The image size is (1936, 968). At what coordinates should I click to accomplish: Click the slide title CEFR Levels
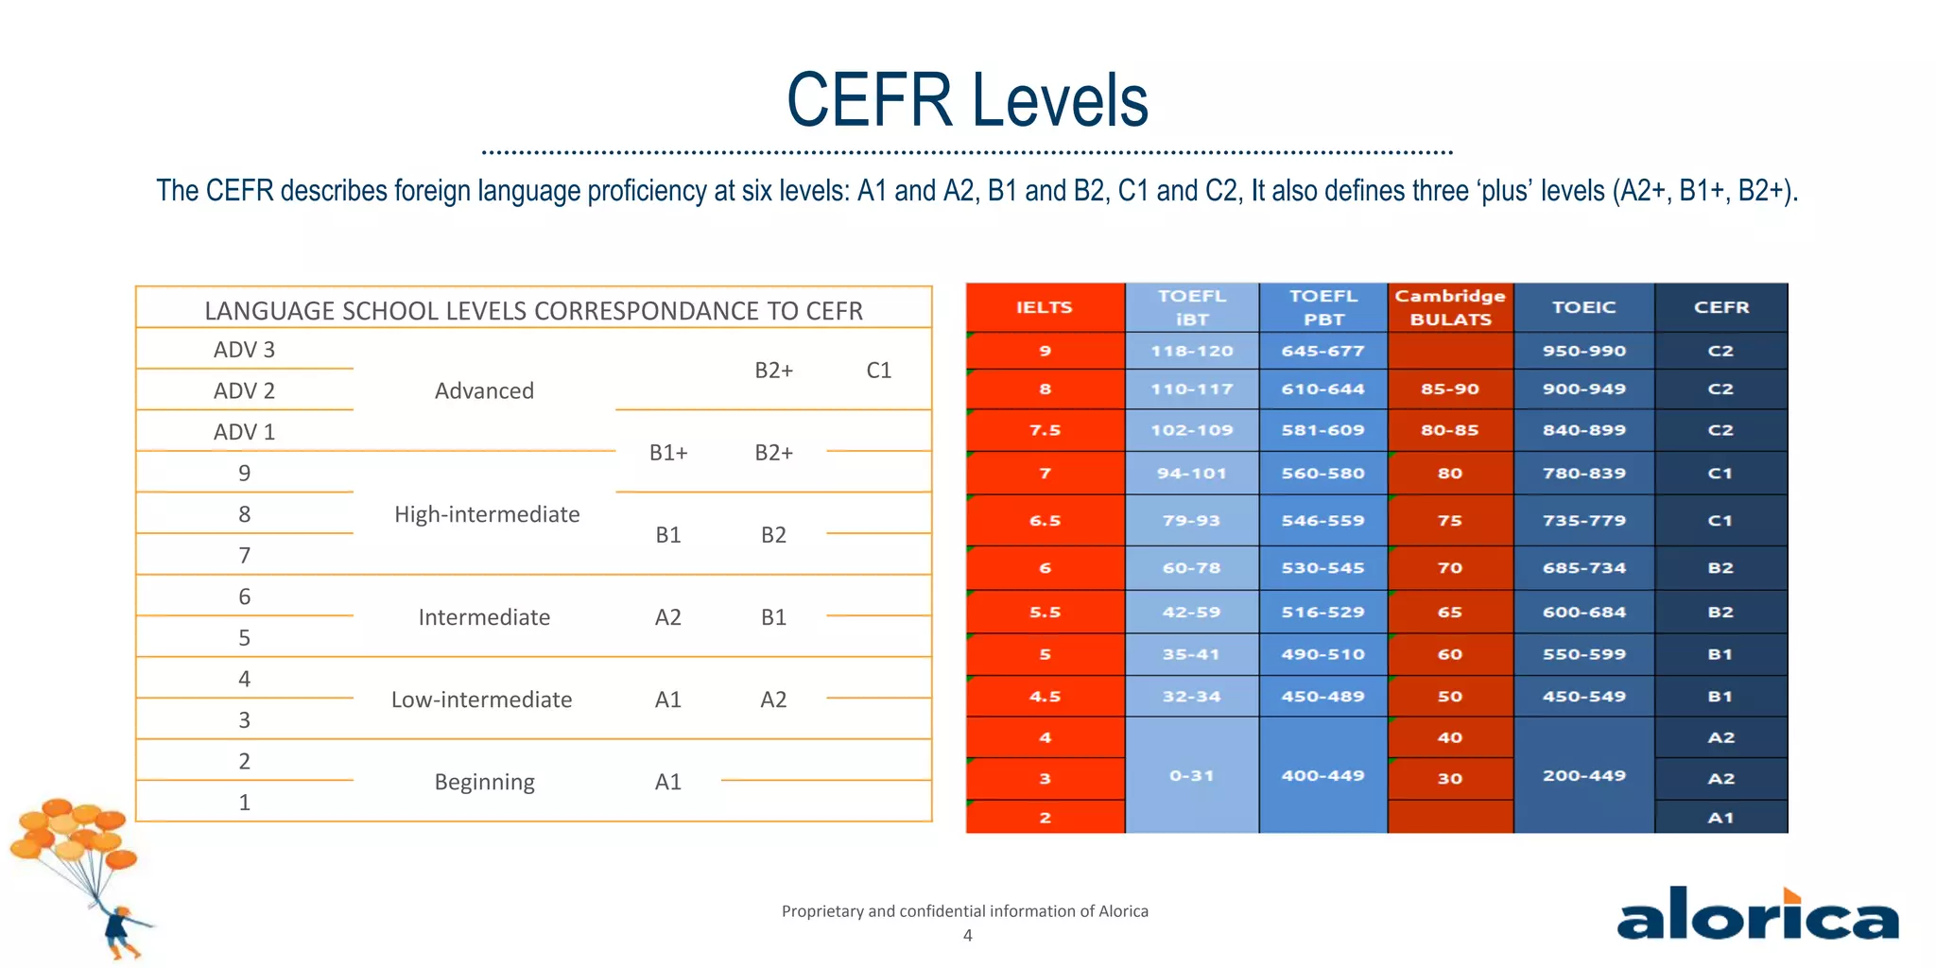click(967, 100)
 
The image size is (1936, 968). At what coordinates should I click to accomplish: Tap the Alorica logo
click(1757, 915)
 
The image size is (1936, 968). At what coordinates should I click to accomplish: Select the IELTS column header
click(1045, 307)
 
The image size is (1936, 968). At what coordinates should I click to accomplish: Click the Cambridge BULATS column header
click(1450, 307)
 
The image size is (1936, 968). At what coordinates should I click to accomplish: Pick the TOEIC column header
click(1583, 307)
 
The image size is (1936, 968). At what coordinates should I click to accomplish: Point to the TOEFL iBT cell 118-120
click(1191, 351)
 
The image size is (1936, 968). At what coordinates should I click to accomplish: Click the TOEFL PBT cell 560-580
click(1322, 473)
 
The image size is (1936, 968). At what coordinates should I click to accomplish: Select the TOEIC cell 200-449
click(1583, 775)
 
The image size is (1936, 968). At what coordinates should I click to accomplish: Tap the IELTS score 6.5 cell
click(1045, 520)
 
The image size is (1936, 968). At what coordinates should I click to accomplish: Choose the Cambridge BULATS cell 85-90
click(1450, 389)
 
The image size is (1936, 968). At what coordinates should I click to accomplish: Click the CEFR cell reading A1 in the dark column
click(1720, 818)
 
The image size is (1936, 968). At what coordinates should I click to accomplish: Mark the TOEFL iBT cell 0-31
click(1191, 775)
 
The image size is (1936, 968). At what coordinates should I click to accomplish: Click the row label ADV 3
click(244, 350)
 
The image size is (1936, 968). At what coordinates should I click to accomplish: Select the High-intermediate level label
click(487, 514)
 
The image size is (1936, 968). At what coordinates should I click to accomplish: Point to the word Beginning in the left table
click(484, 782)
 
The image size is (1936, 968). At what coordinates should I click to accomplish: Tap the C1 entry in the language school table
click(878, 371)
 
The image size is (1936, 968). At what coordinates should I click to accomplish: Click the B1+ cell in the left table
click(668, 453)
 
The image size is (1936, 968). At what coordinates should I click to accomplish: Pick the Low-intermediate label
click(481, 700)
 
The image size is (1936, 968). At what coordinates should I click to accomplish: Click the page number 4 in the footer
click(967, 935)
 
